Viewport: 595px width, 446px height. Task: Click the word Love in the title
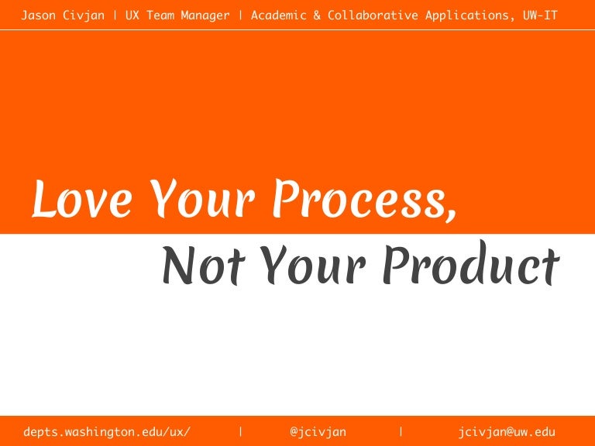point(81,199)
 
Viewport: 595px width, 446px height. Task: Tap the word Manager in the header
point(202,15)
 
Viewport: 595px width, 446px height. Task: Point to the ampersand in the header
point(318,15)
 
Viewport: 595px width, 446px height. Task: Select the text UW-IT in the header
point(540,15)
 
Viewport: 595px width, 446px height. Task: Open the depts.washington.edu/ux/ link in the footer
point(106,431)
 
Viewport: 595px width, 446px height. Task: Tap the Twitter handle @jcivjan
point(318,431)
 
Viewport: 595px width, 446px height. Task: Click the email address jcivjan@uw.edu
point(507,431)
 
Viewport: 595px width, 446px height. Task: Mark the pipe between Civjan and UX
point(113,15)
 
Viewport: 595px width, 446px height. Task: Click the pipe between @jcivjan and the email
point(401,431)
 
